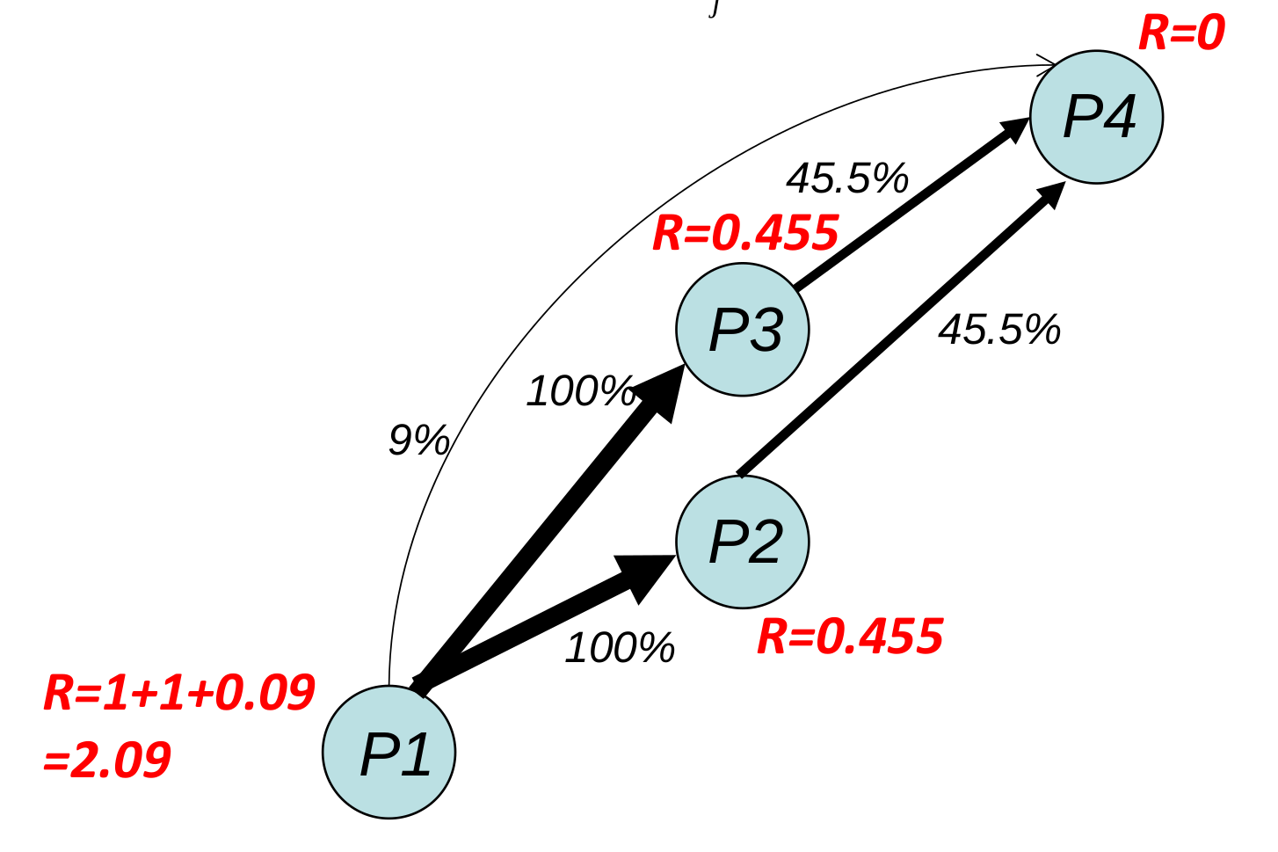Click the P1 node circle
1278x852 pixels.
[x=389, y=752]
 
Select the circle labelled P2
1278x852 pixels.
[x=743, y=542]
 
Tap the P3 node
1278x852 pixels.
[x=743, y=330]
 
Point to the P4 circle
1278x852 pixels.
[x=1097, y=117]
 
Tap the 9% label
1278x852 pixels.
[x=419, y=440]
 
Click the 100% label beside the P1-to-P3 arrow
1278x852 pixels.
[x=580, y=391]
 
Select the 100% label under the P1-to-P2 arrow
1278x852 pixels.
[x=620, y=649]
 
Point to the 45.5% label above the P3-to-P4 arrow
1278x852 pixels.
[x=847, y=178]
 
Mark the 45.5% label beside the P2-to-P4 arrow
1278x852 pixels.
[x=999, y=330]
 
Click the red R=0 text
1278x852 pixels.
[x=1181, y=33]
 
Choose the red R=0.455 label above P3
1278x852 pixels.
[x=745, y=233]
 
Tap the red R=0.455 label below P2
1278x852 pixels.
[x=850, y=637]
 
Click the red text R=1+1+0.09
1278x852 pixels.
[x=179, y=693]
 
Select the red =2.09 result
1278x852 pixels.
[x=107, y=760]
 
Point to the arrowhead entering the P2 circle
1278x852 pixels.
[x=646, y=576]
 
